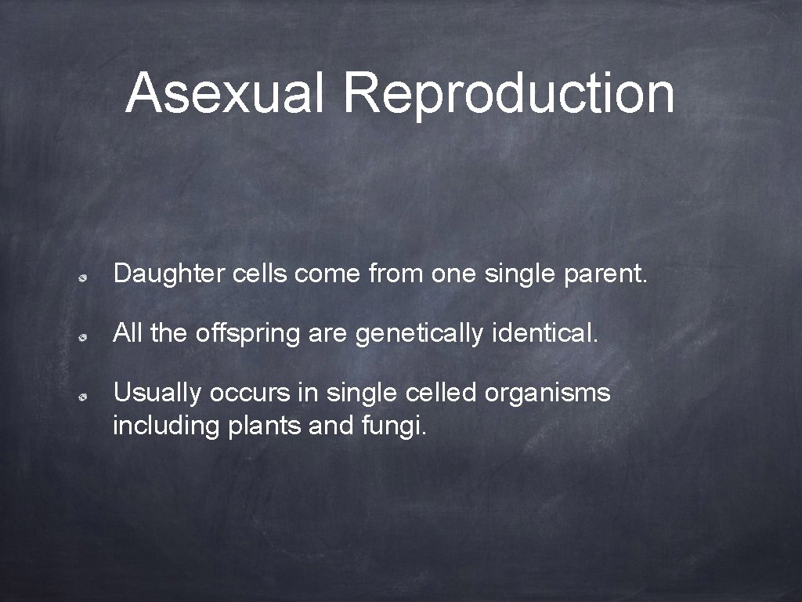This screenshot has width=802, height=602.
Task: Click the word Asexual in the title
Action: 224,92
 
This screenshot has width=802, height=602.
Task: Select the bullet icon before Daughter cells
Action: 81,277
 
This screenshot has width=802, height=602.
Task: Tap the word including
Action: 166,427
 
